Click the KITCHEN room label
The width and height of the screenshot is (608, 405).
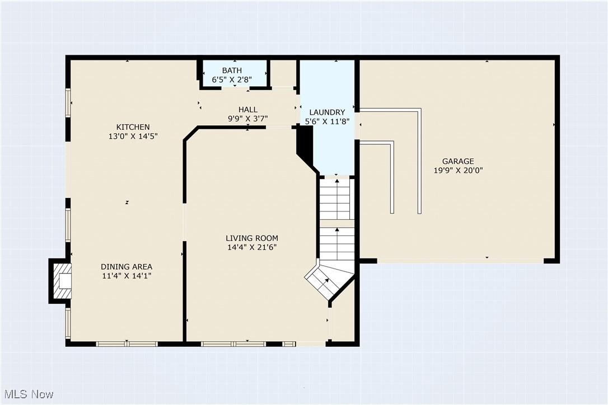click(x=133, y=127)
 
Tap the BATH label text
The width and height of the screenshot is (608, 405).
click(x=232, y=70)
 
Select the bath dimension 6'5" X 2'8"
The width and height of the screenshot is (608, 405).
click(x=232, y=80)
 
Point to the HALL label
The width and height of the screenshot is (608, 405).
click(x=248, y=110)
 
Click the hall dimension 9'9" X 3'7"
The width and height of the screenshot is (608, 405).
click(x=248, y=119)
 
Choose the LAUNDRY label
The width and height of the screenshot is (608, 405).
click(x=328, y=112)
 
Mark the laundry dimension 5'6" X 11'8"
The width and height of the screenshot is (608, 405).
click(x=328, y=121)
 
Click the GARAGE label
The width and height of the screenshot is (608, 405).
click(x=458, y=161)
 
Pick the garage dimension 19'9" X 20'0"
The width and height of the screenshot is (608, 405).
click(x=458, y=170)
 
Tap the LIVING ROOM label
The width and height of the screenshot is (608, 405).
click(x=252, y=238)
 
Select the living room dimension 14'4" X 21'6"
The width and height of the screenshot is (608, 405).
click(x=252, y=247)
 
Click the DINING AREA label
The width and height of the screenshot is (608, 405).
click(x=127, y=267)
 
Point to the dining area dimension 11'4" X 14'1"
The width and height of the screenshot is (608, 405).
click(x=127, y=276)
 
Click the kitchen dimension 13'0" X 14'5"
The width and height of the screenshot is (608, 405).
click(x=133, y=136)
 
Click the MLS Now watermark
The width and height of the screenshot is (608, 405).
click(x=29, y=394)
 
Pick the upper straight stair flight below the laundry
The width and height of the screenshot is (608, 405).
click(x=335, y=199)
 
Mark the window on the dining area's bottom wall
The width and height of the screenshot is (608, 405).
click(x=127, y=344)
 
